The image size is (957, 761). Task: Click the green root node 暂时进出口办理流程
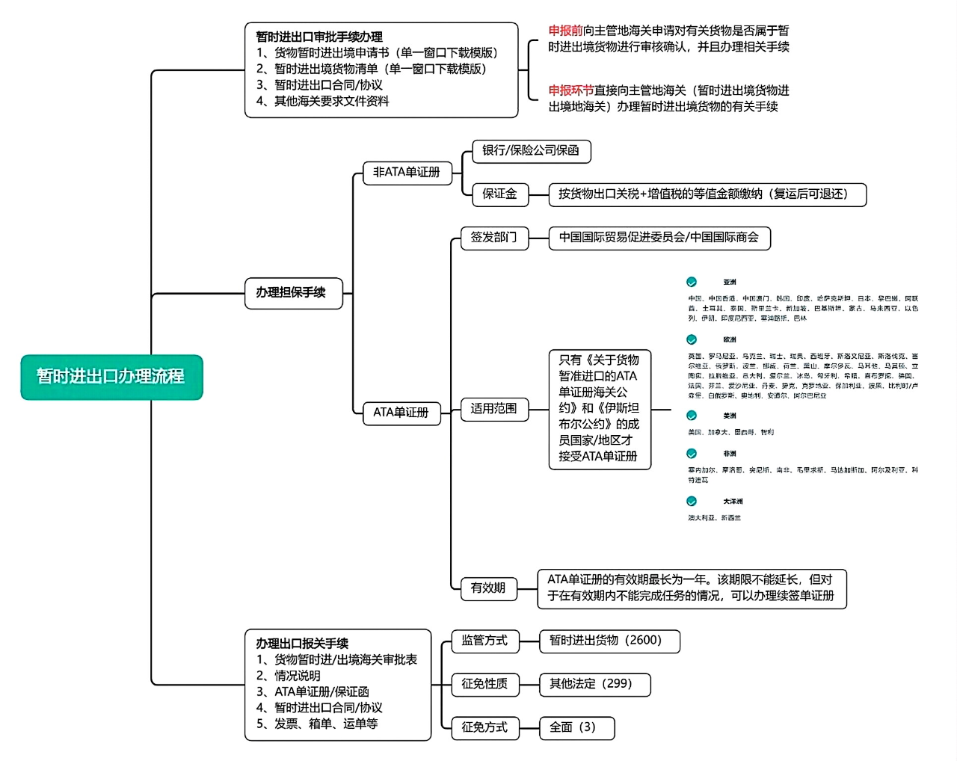tap(111, 377)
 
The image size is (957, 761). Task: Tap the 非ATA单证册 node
tap(407, 172)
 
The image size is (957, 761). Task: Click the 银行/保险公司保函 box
tap(531, 151)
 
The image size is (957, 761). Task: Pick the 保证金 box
tap(500, 194)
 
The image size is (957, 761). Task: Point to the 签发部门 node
tap(493, 238)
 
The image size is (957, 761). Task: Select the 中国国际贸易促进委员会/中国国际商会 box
tap(659, 238)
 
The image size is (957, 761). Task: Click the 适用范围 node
tap(493, 409)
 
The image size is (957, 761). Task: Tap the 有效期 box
tap(488, 588)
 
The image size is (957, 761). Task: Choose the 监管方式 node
tap(484, 641)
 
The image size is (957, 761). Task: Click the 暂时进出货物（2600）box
tap(609, 641)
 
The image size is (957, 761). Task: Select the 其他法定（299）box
tap(594, 684)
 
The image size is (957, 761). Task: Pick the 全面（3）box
tap(576, 727)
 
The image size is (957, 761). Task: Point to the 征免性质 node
tap(484, 684)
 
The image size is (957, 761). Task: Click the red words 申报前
tap(565, 31)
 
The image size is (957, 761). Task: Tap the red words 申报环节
tap(571, 90)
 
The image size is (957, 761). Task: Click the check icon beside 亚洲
tap(692, 282)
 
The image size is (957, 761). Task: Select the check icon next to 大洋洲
tap(692, 501)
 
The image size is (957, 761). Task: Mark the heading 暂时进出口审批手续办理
tap(319, 37)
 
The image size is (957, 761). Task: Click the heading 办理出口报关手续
tap(302, 644)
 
